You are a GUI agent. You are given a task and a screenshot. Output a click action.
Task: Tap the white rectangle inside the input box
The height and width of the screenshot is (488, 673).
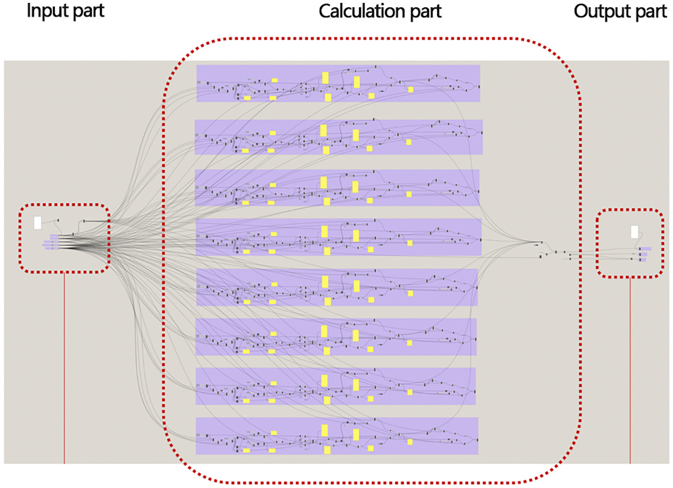[38, 223]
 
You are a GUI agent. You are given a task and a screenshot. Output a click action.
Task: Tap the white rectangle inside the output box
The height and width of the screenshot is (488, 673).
[635, 232]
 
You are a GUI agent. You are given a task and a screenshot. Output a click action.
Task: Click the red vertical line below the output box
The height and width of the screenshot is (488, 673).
[630, 371]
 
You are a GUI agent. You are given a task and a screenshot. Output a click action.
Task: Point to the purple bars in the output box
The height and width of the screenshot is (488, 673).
[644, 254]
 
